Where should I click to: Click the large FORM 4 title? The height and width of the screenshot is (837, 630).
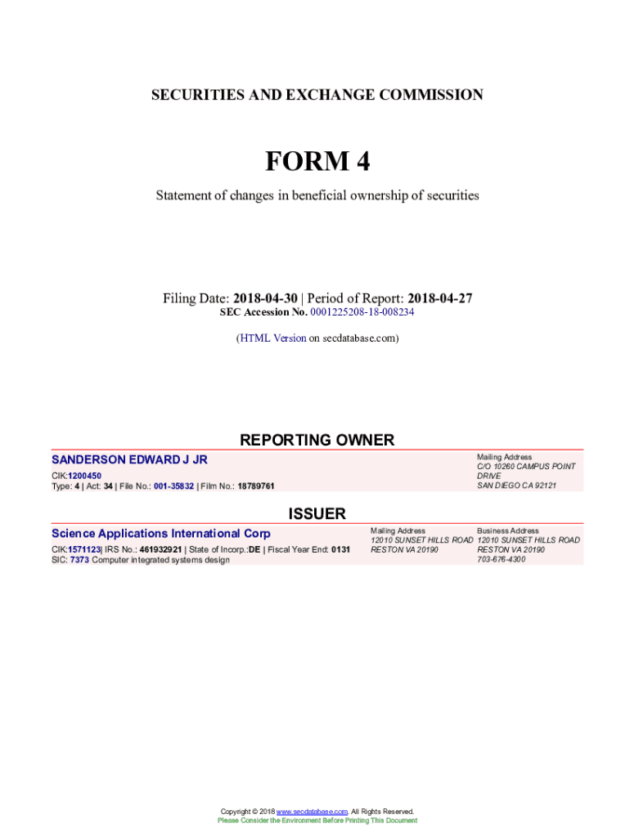coord(317,162)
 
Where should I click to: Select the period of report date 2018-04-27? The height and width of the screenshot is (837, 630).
coord(440,298)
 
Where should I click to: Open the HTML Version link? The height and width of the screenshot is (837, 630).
coord(272,338)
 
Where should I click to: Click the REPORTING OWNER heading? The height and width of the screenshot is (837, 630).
coord(317,440)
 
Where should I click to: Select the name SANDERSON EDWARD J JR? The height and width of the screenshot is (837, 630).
coord(129,460)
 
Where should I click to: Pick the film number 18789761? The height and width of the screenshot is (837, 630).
coord(256,486)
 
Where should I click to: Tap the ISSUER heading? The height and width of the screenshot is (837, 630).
coord(317,513)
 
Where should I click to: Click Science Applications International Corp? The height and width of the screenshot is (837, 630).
coord(160,533)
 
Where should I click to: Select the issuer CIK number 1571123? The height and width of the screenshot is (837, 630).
coord(84,549)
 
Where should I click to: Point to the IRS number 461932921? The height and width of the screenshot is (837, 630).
coord(160,549)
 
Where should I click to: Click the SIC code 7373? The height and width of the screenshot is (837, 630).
coord(79,560)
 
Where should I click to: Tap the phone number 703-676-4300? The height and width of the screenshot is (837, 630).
coord(502,560)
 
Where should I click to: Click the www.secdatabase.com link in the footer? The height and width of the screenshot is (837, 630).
coord(313,812)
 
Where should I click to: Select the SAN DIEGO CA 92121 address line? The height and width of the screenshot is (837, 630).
coord(516,486)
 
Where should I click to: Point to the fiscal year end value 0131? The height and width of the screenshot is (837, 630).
coord(340,549)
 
